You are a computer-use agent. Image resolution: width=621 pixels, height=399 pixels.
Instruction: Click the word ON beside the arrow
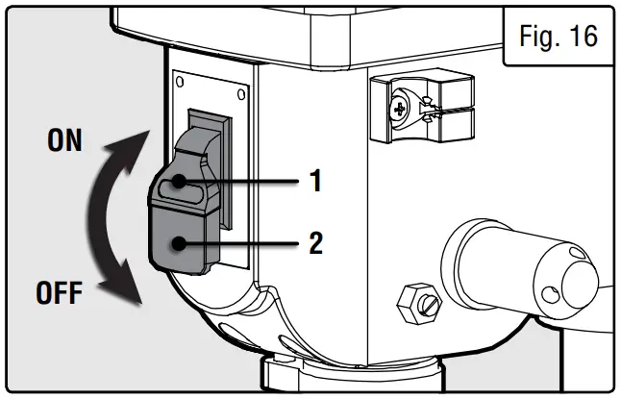(x=64, y=142)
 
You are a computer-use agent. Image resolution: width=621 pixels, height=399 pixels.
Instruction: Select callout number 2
(x=314, y=242)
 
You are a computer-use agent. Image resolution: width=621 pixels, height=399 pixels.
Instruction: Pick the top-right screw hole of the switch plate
(x=240, y=94)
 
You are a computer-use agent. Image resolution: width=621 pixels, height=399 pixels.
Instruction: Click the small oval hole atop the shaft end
(x=577, y=253)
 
